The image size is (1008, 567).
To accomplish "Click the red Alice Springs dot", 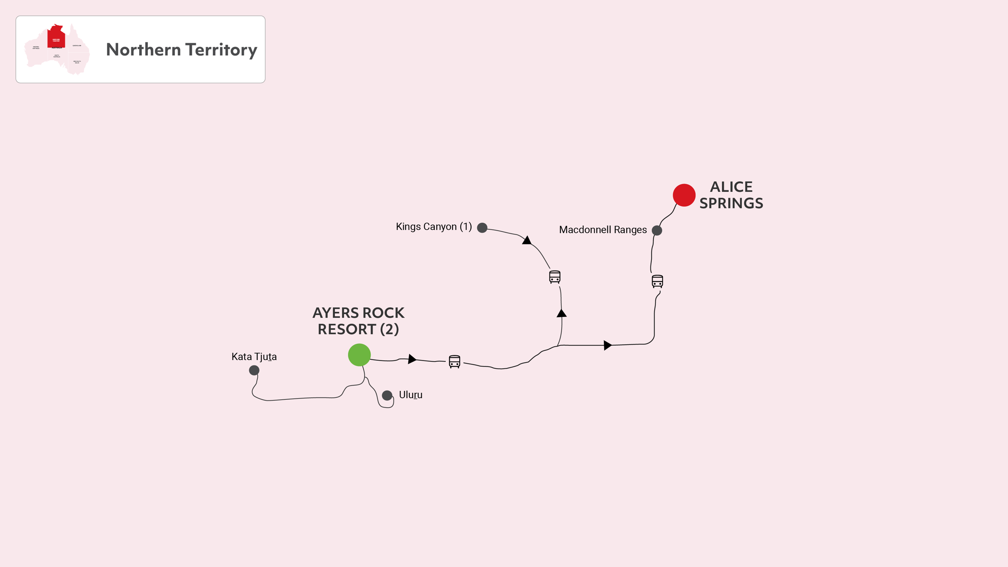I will pyautogui.click(x=684, y=195).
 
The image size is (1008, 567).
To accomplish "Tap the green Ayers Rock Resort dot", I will pyautogui.click(x=359, y=355).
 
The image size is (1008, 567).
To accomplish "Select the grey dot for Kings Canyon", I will pyautogui.click(x=482, y=228).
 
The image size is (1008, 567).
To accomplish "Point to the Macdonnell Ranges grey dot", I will pyautogui.click(x=657, y=231).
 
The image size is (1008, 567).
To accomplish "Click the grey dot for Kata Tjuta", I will pyautogui.click(x=254, y=370).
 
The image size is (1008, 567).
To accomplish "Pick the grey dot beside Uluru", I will pyautogui.click(x=387, y=395).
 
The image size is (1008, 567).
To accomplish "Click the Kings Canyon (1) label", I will pyautogui.click(x=434, y=227).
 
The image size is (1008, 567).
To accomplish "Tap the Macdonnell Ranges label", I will pyautogui.click(x=603, y=230).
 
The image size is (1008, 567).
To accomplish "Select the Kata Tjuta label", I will pyautogui.click(x=254, y=357).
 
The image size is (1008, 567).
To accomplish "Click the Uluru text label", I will pyautogui.click(x=411, y=395).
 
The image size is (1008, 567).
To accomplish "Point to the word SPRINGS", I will pyautogui.click(x=731, y=203).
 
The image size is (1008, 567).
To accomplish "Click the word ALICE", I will pyautogui.click(x=731, y=187).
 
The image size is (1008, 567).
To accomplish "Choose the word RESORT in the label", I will pyautogui.click(x=347, y=329).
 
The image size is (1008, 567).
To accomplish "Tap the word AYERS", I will pyautogui.click(x=335, y=313).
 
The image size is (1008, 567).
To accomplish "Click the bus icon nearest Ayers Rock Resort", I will pyautogui.click(x=454, y=362).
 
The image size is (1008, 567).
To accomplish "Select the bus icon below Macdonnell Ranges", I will pyautogui.click(x=657, y=281).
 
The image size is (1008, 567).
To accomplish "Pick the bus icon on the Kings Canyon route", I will pyautogui.click(x=555, y=277).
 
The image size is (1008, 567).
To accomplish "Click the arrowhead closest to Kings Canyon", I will pyautogui.click(x=527, y=240).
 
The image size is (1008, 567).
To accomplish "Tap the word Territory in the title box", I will pyautogui.click(x=221, y=50).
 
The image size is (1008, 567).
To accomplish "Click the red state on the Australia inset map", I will pyautogui.click(x=56, y=37).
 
